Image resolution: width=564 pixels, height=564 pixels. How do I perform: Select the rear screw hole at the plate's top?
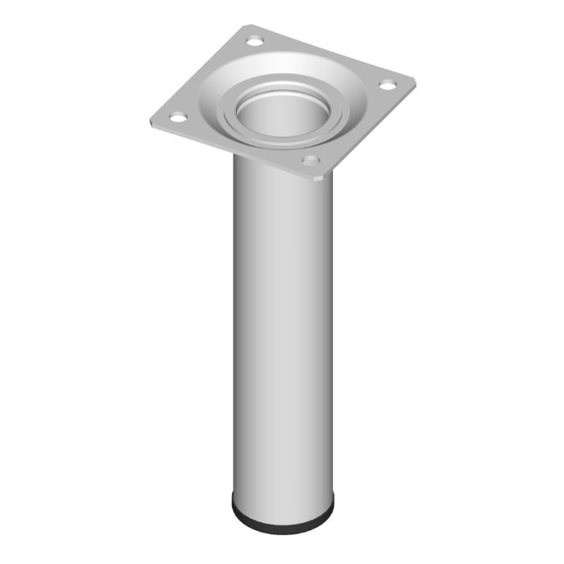[255, 40]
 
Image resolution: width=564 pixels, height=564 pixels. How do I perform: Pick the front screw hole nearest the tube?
[309, 161]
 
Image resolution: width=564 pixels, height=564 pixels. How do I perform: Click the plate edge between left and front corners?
[234, 151]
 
